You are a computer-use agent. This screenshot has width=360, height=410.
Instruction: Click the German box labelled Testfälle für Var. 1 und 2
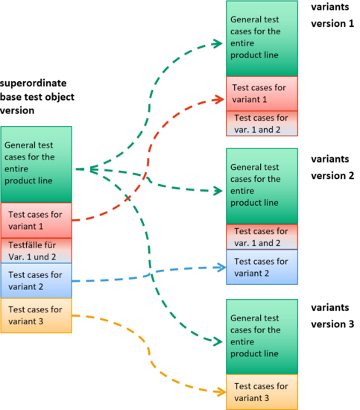click(37, 250)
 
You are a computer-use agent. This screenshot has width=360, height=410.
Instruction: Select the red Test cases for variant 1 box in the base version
click(37, 221)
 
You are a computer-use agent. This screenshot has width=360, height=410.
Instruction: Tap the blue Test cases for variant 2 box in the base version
click(37, 280)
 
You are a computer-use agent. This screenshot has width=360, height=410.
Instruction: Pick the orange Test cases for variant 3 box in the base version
click(37, 315)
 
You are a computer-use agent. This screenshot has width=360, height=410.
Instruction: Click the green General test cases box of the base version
click(37, 165)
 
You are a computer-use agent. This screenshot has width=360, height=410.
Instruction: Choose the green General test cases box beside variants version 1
click(262, 39)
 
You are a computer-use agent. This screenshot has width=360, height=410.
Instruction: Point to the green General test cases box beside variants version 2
click(262, 186)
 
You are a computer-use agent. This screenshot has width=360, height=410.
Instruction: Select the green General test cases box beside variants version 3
click(262, 337)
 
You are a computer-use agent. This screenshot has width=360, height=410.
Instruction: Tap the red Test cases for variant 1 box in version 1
click(262, 94)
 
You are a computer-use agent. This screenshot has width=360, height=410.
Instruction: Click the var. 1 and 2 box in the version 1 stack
click(262, 124)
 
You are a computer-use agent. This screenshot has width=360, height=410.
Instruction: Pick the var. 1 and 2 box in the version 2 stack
click(262, 237)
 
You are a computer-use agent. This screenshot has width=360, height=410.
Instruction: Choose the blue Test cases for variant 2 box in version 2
click(262, 267)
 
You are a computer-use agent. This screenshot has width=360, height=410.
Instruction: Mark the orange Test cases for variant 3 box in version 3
click(262, 392)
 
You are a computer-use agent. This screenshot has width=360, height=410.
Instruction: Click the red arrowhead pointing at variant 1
click(219, 99)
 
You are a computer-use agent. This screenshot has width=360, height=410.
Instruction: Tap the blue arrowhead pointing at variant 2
click(221, 267)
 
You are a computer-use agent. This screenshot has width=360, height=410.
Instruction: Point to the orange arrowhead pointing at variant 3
click(221, 391)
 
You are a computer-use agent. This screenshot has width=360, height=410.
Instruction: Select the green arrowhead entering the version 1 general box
click(218, 43)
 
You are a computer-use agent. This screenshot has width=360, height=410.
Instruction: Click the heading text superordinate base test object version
click(37, 97)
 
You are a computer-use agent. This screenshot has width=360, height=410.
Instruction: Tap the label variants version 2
click(332, 167)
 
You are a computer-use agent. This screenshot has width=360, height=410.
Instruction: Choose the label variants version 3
click(332, 315)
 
